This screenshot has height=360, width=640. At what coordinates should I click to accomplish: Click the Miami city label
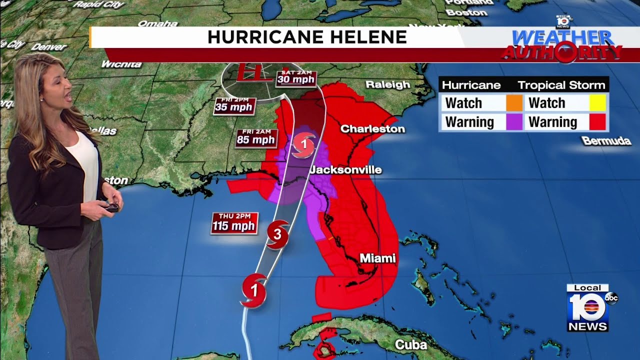[377, 258]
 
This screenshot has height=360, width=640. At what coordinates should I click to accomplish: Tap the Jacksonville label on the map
[345, 170]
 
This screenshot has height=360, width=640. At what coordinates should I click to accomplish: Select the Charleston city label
[372, 129]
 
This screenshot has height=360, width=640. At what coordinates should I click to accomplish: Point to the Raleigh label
[387, 84]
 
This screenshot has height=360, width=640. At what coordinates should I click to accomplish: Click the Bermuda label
[606, 141]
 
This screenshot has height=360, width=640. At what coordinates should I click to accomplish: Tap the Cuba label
[410, 344]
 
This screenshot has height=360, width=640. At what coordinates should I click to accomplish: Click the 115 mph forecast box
[234, 223]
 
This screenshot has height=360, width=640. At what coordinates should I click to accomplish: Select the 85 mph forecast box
[256, 137]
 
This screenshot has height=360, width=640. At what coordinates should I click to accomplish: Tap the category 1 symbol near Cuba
[253, 290]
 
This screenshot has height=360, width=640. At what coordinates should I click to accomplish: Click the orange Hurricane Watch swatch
[514, 103]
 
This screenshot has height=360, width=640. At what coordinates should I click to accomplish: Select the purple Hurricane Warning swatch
[514, 122]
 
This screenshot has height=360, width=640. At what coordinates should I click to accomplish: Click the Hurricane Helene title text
[307, 37]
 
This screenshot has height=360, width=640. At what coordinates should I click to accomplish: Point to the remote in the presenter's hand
[112, 207]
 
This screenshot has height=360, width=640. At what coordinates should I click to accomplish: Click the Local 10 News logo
[588, 308]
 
